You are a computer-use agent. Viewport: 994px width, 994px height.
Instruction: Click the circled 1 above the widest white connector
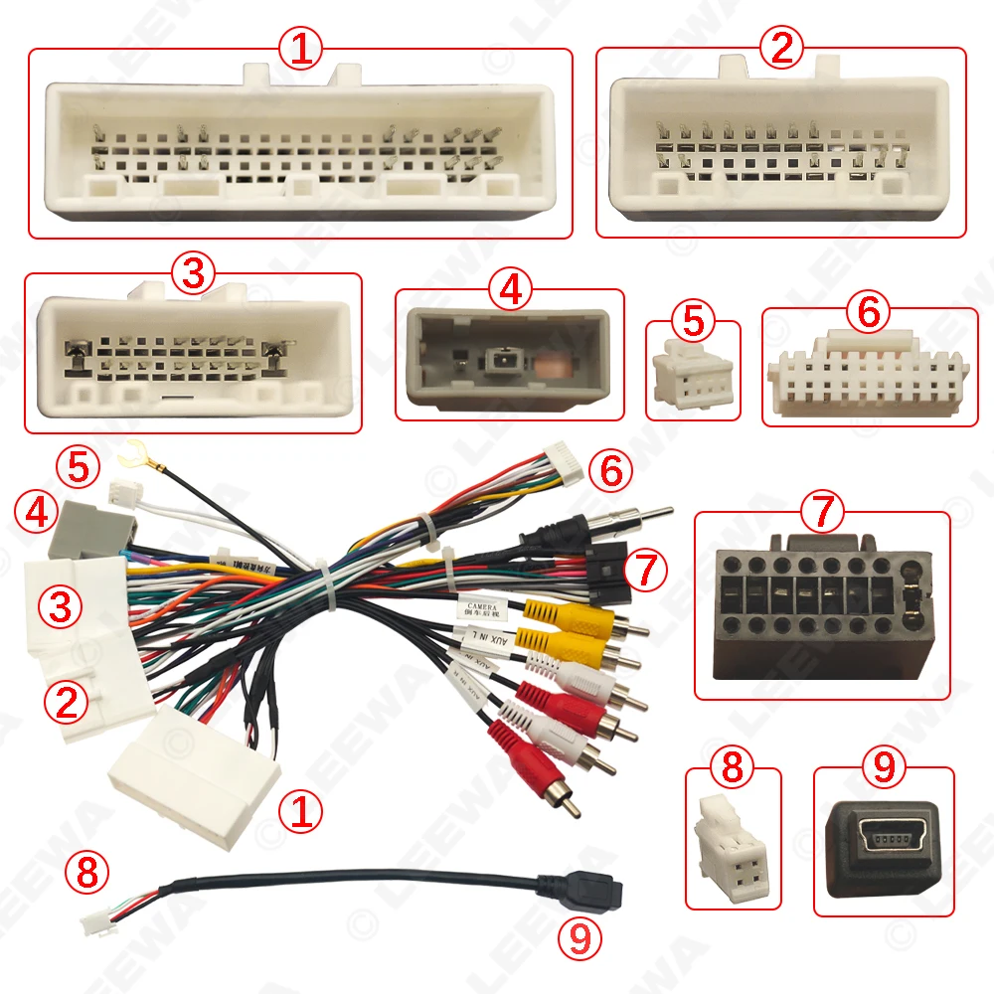point(300,49)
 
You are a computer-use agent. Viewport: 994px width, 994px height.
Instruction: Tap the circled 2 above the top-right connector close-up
point(780,47)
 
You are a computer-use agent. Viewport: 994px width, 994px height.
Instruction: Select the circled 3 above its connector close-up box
point(193,273)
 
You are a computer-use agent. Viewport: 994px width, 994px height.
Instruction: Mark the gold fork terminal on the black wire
point(127,458)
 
